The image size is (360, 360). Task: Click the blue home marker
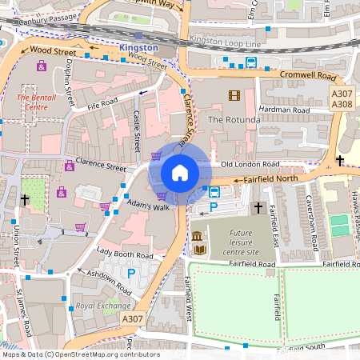coord(180,173)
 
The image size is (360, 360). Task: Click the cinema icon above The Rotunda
coord(233,96)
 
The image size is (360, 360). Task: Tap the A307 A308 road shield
coord(342,98)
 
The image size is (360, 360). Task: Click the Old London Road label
coord(248,164)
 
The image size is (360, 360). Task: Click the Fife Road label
coord(103,104)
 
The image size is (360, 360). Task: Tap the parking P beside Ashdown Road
coord(131,274)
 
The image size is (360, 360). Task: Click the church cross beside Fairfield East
coord(258,208)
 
